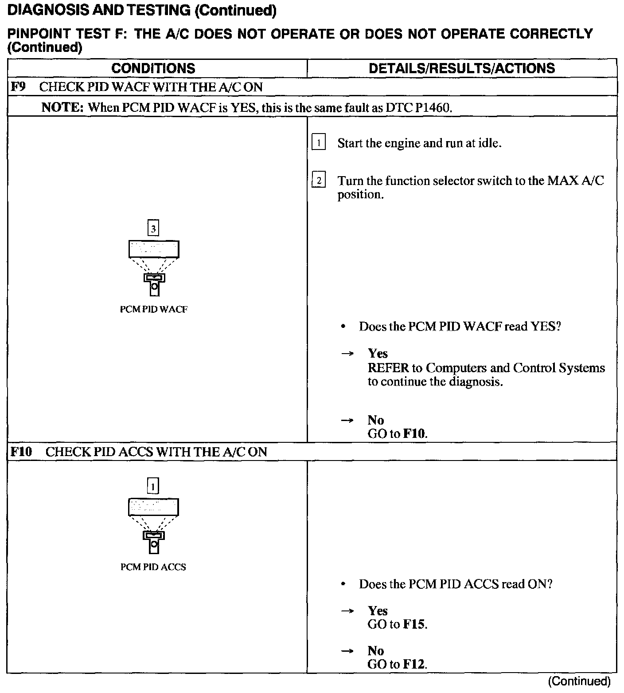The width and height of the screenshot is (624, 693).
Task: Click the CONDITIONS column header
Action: click(x=153, y=68)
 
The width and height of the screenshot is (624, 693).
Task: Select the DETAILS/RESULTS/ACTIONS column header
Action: click(x=462, y=68)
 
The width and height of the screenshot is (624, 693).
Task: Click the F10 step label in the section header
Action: click(x=21, y=452)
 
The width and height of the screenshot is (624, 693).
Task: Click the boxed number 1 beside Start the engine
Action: click(x=318, y=143)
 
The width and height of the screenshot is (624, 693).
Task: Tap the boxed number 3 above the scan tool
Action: click(x=153, y=229)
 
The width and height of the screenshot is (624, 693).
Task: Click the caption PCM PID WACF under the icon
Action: click(x=153, y=310)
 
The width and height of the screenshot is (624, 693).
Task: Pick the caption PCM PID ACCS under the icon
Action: click(x=153, y=567)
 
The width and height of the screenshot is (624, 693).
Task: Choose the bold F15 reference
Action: click(x=414, y=625)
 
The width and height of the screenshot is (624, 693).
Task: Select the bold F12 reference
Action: click(x=414, y=664)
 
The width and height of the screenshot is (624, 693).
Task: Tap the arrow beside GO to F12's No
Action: click(x=348, y=651)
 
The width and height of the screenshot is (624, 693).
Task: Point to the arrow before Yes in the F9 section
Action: click(x=348, y=354)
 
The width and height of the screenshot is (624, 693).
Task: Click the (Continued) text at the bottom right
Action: click(x=579, y=681)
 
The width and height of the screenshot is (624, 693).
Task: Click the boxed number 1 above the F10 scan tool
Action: click(x=153, y=487)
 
